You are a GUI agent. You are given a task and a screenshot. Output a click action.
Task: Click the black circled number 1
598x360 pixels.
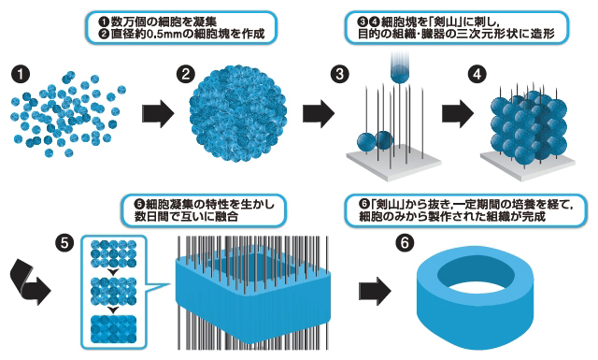coord(21,74)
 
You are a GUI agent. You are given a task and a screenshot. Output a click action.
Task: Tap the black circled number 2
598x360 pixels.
coord(186,74)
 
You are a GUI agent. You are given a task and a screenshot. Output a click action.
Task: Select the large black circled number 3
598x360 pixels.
coord(339,74)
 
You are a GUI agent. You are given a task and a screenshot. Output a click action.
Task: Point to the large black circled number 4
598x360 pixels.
coord(477,74)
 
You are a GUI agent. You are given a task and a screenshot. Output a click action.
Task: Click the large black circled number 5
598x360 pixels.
coord(64,242)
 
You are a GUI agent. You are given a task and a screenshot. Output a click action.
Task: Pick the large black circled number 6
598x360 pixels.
coord(405,242)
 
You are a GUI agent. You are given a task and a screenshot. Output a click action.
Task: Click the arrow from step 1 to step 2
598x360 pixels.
coord(158,114)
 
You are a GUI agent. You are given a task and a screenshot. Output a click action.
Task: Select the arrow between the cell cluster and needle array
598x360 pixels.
coord(319,114)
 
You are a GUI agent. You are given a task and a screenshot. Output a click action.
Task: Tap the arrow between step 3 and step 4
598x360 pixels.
coord(458,114)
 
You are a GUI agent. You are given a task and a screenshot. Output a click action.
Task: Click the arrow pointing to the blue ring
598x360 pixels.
coord(376,292)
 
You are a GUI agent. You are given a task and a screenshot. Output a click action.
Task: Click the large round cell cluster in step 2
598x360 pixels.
coord(237,113)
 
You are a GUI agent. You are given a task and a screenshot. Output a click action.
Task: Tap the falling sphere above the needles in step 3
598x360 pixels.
coord(400,73)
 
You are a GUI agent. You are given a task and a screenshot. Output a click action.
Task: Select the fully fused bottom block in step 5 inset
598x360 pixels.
coord(114,329)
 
